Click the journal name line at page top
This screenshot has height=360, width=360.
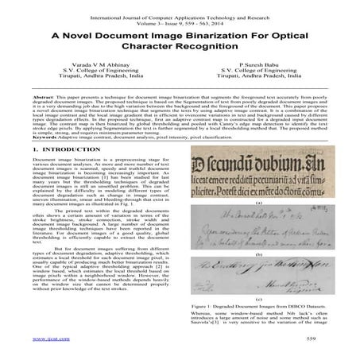click(x=180, y=8)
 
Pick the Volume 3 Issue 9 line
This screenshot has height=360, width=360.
click(x=180, y=15)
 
